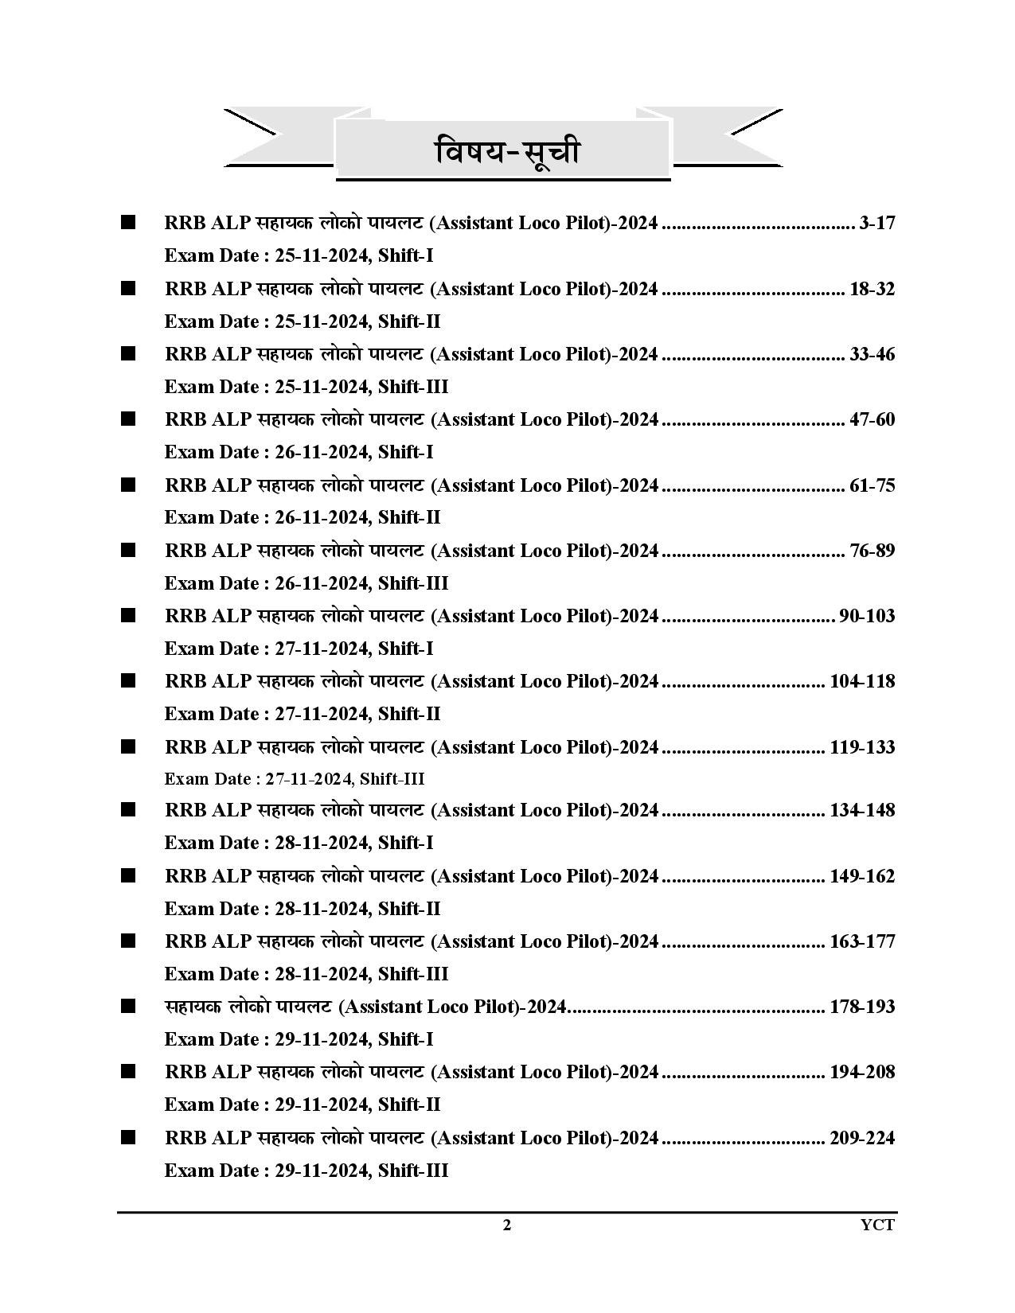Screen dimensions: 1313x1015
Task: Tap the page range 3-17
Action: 877,223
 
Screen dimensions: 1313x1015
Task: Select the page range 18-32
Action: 872,289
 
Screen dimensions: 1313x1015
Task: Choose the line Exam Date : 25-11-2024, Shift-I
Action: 299,256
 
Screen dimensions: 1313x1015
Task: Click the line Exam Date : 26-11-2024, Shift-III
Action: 306,583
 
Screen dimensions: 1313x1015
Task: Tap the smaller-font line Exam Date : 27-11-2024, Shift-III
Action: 295,779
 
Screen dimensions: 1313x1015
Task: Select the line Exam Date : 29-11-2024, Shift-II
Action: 303,1105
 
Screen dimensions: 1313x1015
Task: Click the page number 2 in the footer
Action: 507,1225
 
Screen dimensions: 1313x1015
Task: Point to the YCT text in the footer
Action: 877,1225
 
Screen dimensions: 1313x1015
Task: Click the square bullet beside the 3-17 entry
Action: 128,222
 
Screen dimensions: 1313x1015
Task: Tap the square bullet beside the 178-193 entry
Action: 128,1007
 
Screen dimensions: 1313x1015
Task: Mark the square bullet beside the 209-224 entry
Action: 128,1137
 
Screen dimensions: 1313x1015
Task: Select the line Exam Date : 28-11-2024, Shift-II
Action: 303,909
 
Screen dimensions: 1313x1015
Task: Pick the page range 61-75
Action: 872,485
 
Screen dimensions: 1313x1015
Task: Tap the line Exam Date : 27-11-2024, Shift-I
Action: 299,649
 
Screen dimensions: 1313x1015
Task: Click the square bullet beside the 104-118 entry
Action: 128,680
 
